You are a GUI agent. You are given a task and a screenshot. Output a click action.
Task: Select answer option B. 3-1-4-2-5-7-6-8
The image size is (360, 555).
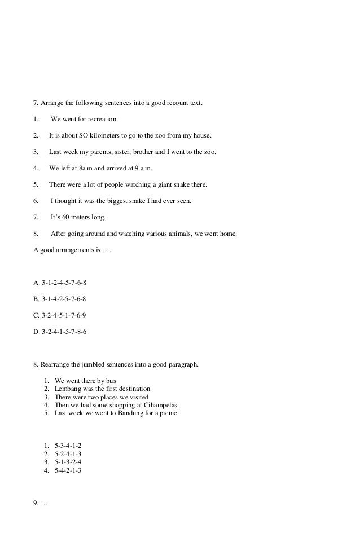[x=60, y=299]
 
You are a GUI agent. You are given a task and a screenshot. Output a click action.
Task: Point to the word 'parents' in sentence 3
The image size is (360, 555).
[x=107, y=152]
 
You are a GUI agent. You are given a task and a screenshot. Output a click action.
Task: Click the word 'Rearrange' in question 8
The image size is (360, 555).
[x=57, y=364]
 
